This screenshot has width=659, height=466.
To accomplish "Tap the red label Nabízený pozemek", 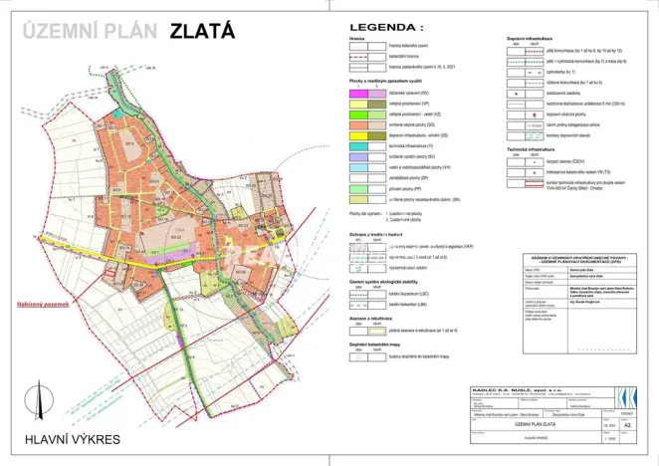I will point(33,333).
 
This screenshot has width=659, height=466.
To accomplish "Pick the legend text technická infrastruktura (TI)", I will point(415,145).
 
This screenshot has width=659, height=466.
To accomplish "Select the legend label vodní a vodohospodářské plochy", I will point(423,167).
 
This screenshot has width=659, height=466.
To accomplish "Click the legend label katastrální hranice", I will point(408,57).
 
